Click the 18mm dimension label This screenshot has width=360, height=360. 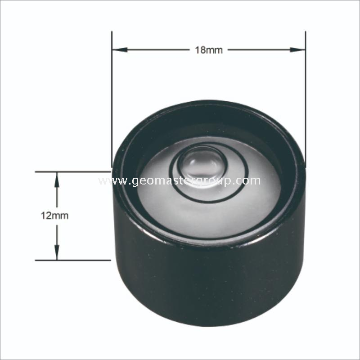(208, 50)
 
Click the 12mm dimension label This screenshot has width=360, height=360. (54, 216)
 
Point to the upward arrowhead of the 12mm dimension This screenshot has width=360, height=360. (57, 177)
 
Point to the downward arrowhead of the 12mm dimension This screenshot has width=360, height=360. (57, 254)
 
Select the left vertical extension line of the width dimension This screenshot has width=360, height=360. (112, 90)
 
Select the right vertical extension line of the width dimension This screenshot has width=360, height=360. (306, 90)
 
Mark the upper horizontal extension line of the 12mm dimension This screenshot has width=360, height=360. (72, 171)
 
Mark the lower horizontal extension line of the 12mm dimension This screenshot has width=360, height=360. (72, 260)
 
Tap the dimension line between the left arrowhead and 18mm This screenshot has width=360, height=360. (153, 50)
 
